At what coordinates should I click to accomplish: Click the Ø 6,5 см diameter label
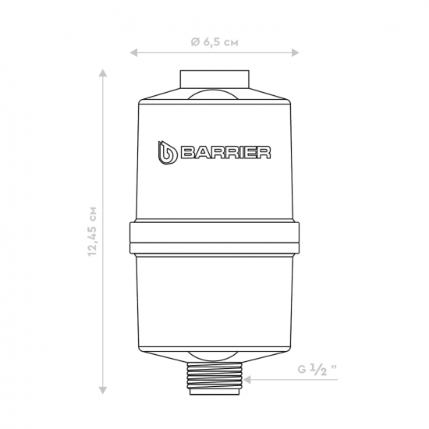coord(214,42)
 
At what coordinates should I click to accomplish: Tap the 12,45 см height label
coord(93,231)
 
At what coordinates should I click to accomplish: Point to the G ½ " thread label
coord(317,370)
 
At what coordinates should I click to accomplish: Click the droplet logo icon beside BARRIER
coord(167,153)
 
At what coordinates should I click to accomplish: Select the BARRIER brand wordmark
coord(225,153)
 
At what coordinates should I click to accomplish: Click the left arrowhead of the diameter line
coord(133,52)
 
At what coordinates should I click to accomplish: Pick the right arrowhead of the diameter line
coord(295,52)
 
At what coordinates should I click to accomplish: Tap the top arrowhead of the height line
coord(103,73)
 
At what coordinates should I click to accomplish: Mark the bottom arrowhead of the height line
coord(103,390)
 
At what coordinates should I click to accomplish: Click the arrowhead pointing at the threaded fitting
coord(247,380)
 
